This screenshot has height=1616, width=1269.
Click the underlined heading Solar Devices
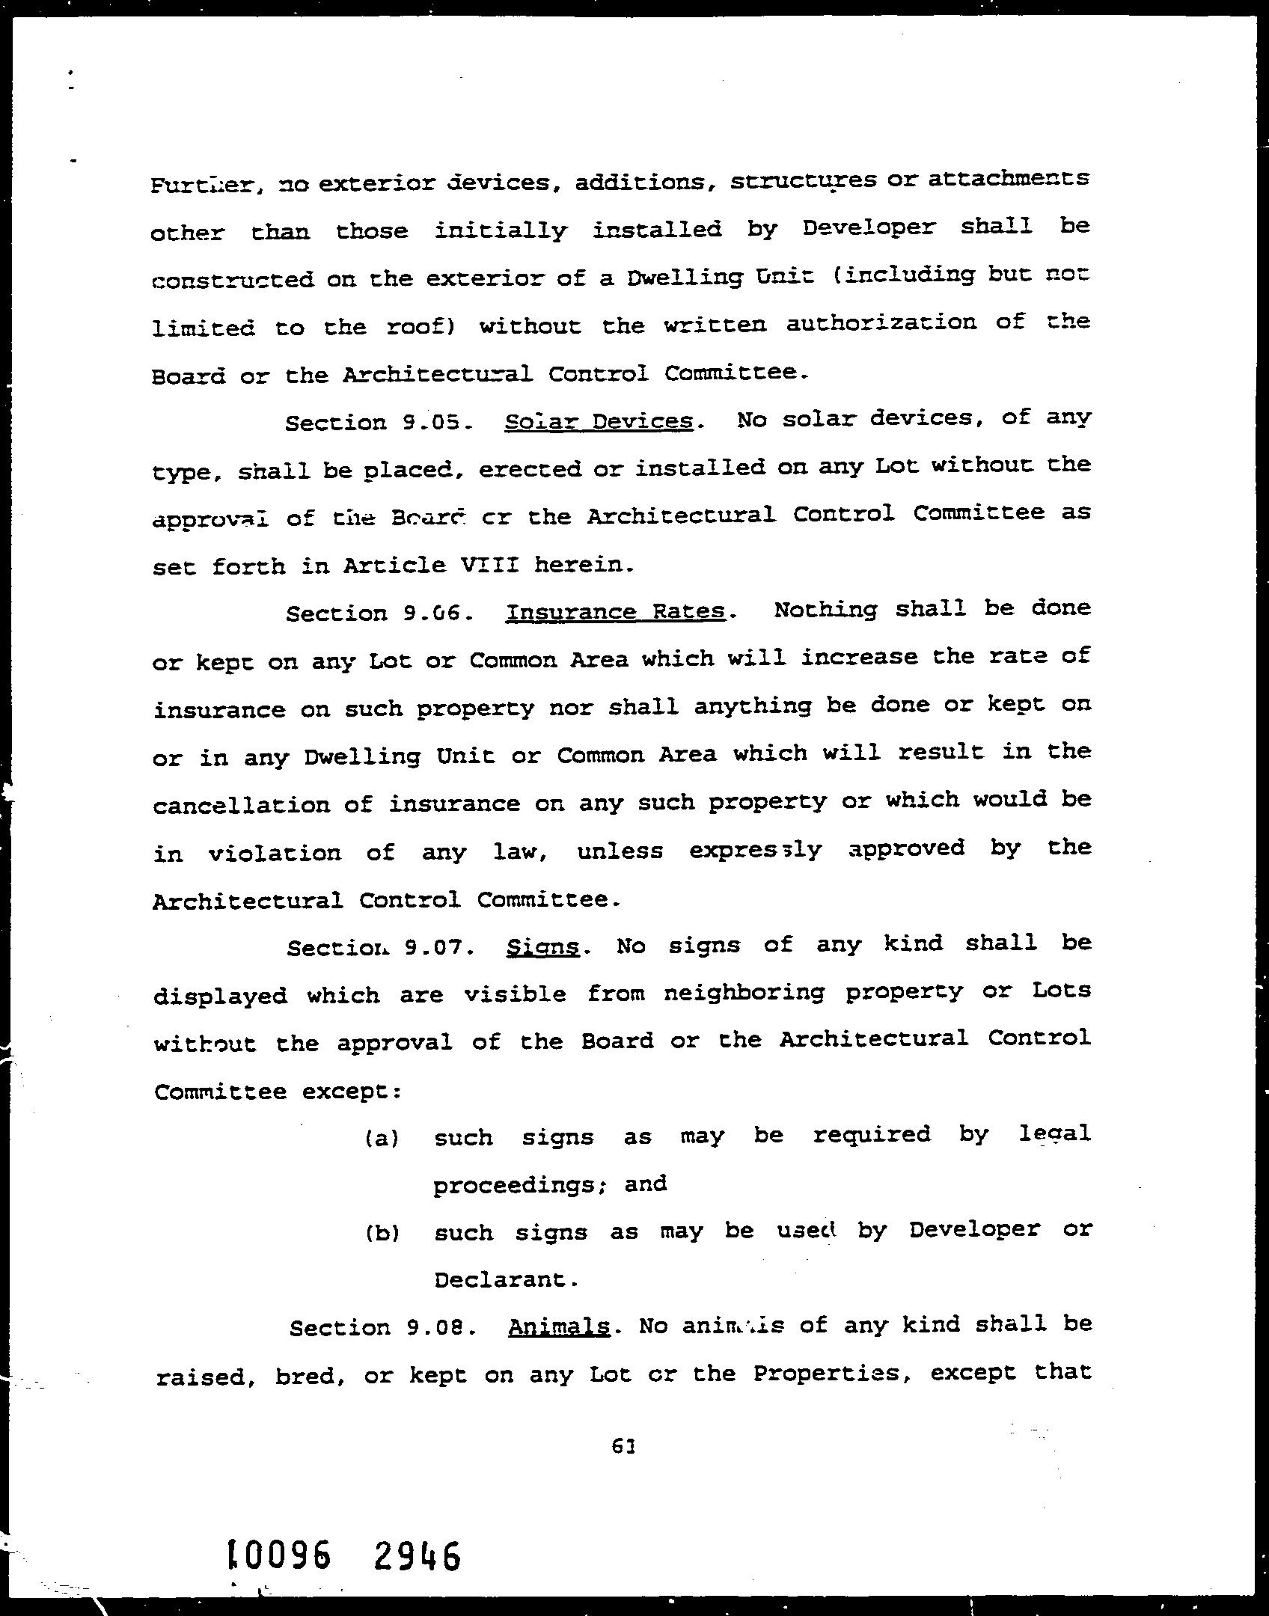(599, 422)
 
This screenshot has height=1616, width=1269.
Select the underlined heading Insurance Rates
(615, 612)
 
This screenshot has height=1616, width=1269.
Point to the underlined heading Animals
(559, 1326)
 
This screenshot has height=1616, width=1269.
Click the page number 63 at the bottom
(623, 1446)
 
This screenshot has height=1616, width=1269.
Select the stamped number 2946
(416, 1555)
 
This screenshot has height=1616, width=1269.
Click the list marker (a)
(382, 1139)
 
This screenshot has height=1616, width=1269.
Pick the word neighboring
(744, 993)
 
